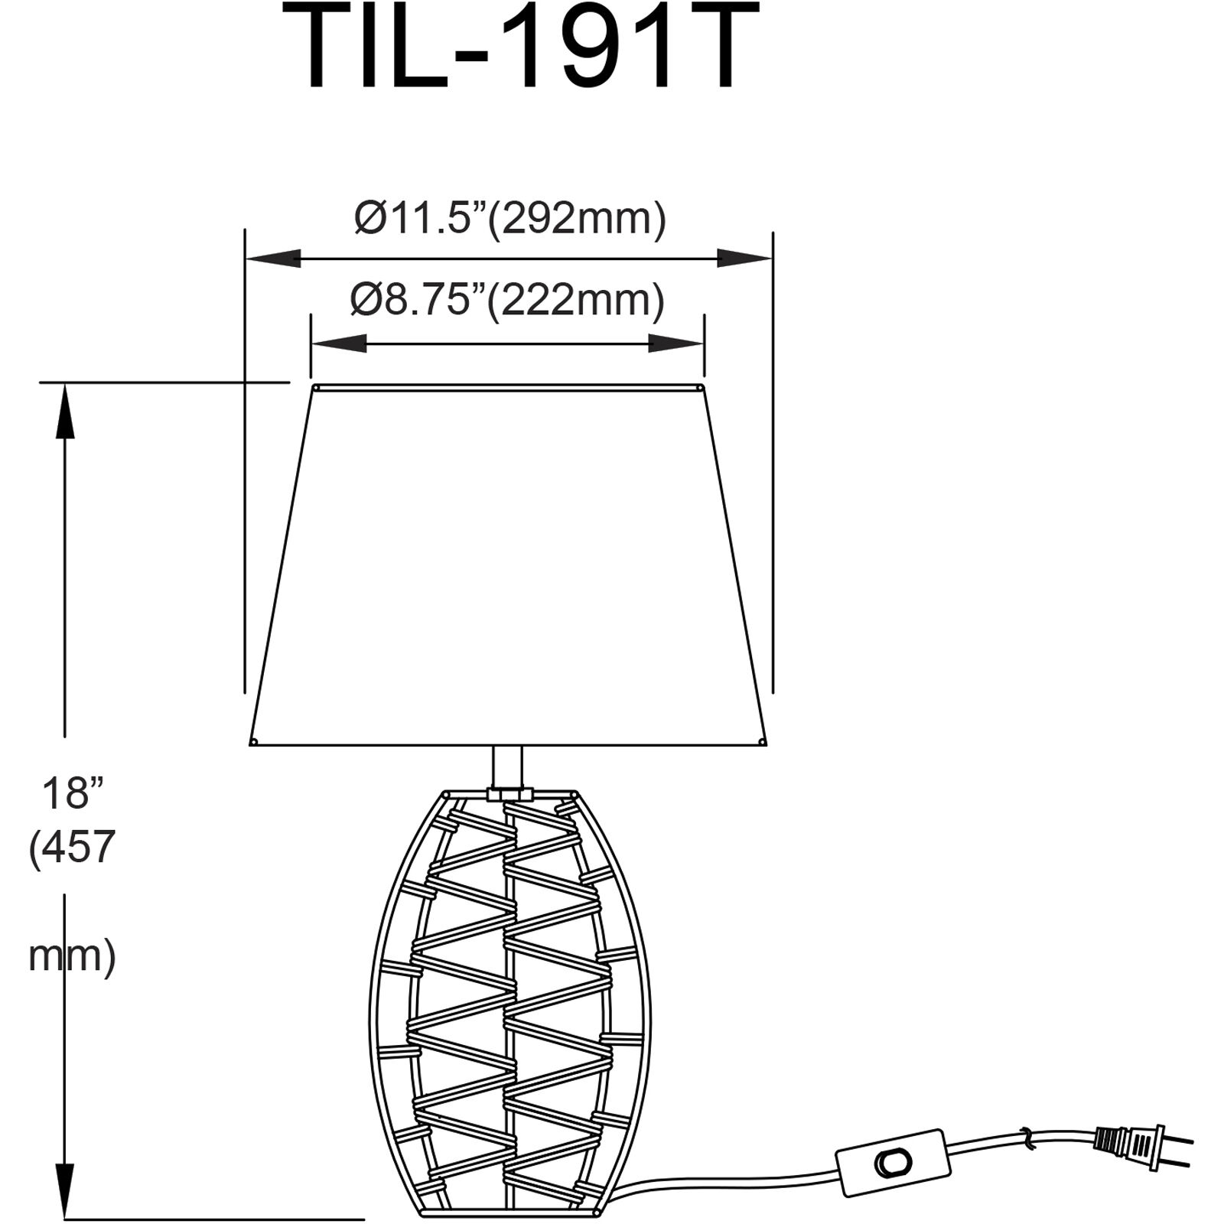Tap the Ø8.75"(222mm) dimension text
[507, 299]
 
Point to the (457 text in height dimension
[72, 847]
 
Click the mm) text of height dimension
[72, 955]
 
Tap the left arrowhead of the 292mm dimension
[272, 259]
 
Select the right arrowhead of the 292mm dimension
[744, 259]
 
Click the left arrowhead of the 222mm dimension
[338, 343]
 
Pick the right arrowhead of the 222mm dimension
[676, 343]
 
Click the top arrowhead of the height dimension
[64, 409]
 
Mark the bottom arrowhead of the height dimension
[64, 1190]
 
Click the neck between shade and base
[507, 768]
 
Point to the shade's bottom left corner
[253, 741]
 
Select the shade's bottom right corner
[763, 741]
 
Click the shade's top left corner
[314, 388]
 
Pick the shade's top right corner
[702, 388]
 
